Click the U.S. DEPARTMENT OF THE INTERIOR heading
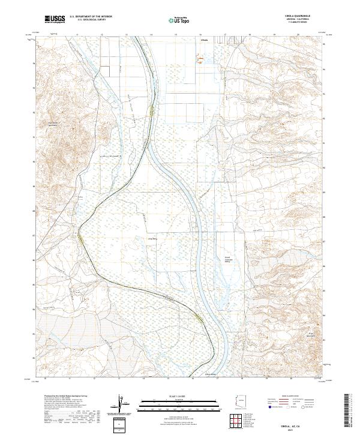(x=91, y=17)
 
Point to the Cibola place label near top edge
(x=204, y=41)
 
